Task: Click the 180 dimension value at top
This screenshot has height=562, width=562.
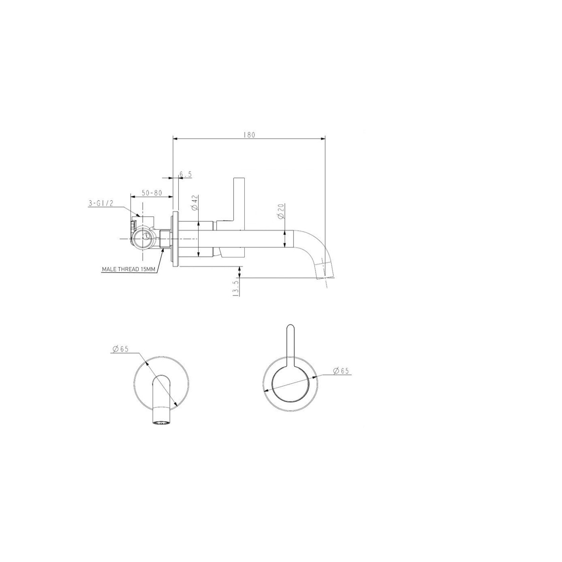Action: tap(249, 135)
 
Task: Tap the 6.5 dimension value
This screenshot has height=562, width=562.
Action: tap(185, 174)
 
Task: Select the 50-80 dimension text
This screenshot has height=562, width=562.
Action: tap(152, 193)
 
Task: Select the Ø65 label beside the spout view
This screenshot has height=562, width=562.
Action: tap(120, 349)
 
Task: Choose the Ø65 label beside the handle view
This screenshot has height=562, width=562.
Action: tap(341, 371)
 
